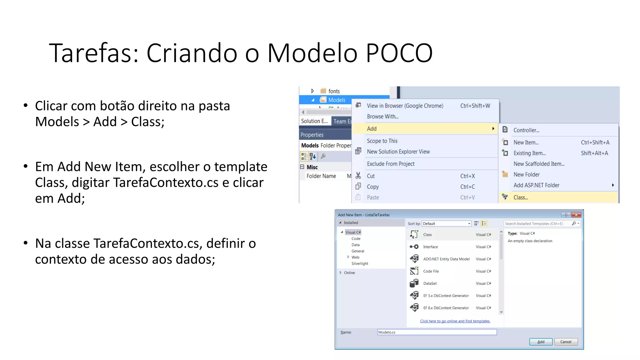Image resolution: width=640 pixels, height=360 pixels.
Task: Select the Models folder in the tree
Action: (337, 100)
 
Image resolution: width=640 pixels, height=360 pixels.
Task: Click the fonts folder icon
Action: (323, 91)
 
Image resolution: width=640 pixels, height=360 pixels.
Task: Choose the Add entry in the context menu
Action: (372, 129)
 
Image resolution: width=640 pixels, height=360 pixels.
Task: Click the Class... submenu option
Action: (521, 197)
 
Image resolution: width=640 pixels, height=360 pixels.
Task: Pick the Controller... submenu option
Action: (526, 130)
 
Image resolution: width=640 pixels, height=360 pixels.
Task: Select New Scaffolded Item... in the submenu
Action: (539, 164)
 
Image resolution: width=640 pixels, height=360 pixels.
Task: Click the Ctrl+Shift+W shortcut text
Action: (475, 106)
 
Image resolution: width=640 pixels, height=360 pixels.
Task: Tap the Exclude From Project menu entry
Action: (391, 164)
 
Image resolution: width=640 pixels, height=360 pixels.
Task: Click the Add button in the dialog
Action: (541, 342)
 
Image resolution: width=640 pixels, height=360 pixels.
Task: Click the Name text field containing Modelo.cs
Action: (437, 332)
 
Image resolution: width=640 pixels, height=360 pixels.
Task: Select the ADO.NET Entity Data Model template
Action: (446, 259)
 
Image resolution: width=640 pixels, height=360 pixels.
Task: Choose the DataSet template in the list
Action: (430, 283)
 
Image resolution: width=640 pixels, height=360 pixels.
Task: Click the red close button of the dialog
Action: (576, 215)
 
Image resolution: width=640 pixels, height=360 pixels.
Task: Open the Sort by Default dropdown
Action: (446, 224)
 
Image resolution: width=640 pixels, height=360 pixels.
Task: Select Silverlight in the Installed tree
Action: (360, 264)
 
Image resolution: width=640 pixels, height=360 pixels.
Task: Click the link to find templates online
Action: (455, 321)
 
